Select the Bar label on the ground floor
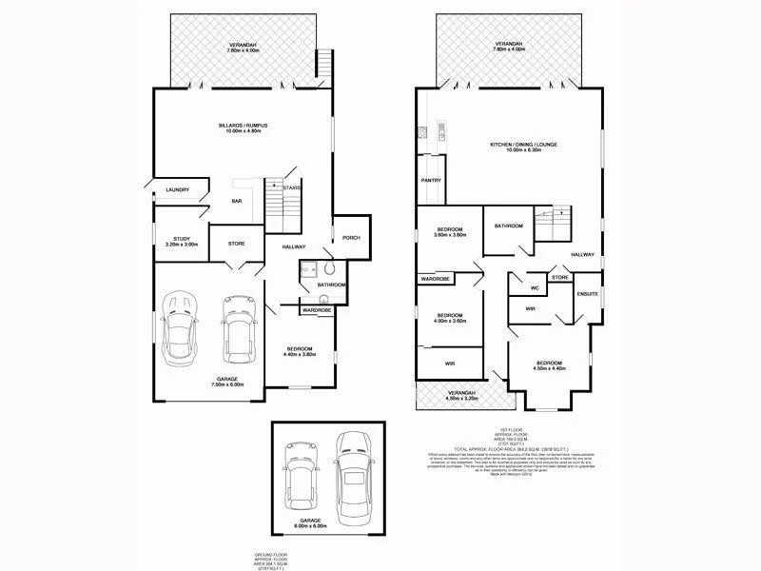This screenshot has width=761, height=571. pyautogui.click(x=237, y=201)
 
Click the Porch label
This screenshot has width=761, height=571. pyautogui.click(x=351, y=237)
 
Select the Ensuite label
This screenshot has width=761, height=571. pyautogui.click(x=588, y=294)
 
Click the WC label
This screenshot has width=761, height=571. pyautogui.click(x=535, y=287)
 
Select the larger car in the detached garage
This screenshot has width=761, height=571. pyautogui.click(x=352, y=472)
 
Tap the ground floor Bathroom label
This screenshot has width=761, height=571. pyautogui.click(x=331, y=285)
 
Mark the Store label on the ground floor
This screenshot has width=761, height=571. pyautogui.click(x=237, y=244)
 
